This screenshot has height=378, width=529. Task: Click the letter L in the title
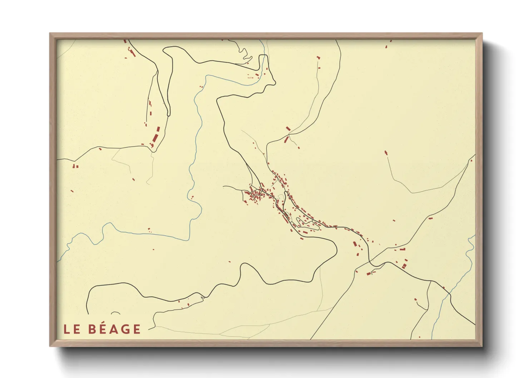pyautogui.click(x=66, y=329)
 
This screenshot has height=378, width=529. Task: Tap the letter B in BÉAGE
pyautogui.click(x=93, y=329)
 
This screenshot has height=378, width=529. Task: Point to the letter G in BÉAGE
pyautogui.click(x=125, y=329)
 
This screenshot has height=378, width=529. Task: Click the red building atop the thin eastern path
pyautogui.click(x=386, y=153)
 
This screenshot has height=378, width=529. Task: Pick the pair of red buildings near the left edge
pyautogui.click(x=75, y=166)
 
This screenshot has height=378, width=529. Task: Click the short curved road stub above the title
pyautogui.click(x=115, y=313)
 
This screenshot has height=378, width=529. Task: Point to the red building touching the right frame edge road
pyautogui.click(x=471, y=161)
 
